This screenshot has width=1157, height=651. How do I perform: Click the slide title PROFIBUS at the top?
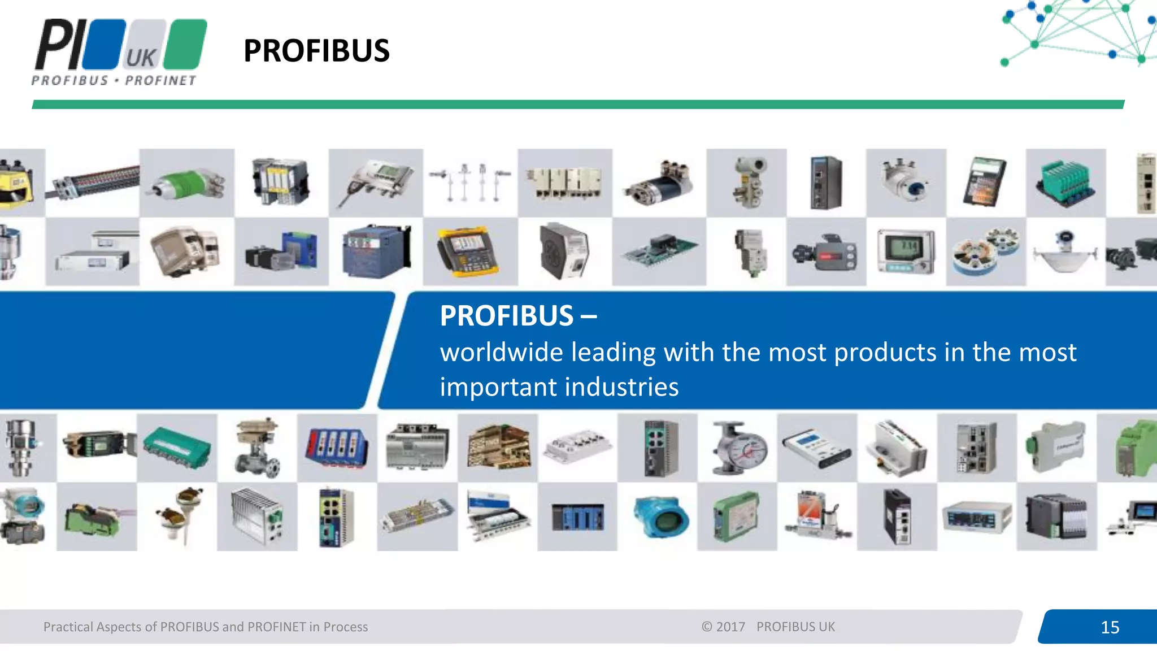[x=316, y=51]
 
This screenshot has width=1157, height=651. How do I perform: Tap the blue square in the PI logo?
[x=105, y=44]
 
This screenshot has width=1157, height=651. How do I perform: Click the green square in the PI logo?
[x=187, y=44]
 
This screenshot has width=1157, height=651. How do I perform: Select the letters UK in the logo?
[x=140, y=58]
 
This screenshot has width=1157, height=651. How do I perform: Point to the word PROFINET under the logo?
[x=160, y=81]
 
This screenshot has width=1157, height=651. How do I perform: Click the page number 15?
[x=1110, y=627]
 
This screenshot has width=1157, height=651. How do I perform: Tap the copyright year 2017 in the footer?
[x=730, y=627]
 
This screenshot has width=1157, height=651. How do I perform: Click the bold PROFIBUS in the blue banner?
[x=507, y=316]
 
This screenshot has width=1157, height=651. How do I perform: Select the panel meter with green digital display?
[x=906, y=251]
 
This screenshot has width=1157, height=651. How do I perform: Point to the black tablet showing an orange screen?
[x=985, y=182]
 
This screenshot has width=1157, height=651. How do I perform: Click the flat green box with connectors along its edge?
[x=176, y=446]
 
